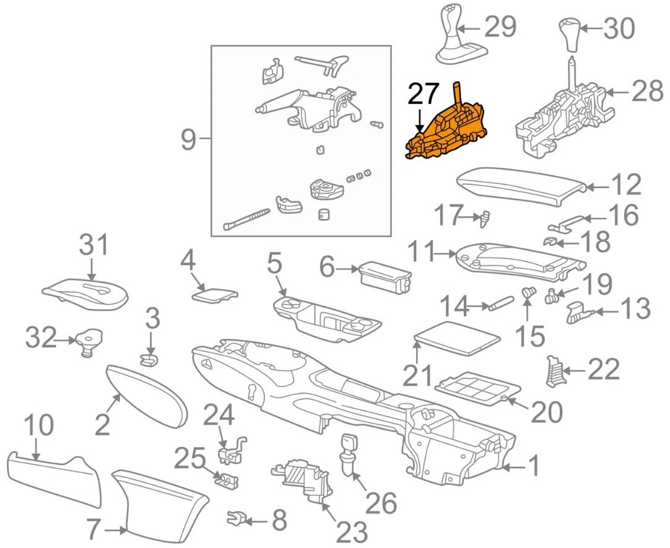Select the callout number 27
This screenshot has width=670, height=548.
(423, 94)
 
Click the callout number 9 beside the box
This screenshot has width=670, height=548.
(188, 141)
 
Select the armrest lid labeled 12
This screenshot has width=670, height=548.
(520, 185)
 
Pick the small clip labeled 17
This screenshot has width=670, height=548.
(487, 217)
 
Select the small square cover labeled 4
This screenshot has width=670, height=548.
(215, 294)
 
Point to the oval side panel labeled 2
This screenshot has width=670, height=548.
(147, 394)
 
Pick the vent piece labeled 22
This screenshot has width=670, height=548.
(553, 370)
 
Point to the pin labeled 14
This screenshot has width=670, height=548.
(500, 303)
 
